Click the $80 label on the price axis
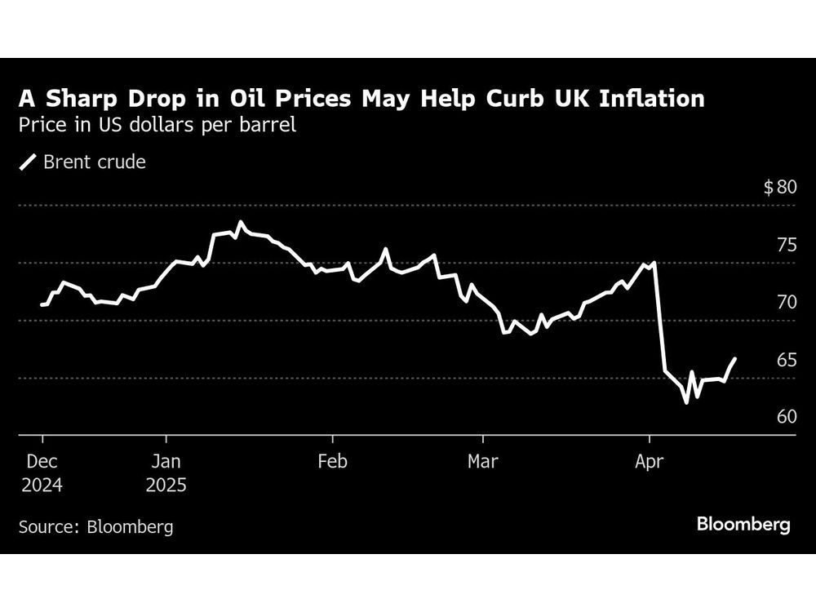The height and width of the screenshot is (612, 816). point(779,188)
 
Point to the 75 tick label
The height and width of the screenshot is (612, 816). point(785,246)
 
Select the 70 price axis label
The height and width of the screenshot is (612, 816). point(785,303)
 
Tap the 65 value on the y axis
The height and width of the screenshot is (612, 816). point(785,360)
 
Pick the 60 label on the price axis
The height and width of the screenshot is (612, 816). point(785,417)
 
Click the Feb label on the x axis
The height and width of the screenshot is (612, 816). point(332,462)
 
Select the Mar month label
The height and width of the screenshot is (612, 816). point(482,462)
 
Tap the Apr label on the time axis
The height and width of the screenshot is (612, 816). point(649,462)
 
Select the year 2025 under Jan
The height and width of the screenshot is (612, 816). point(166,486)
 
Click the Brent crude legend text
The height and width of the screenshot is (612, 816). point(94,162)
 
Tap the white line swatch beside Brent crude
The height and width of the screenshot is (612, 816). point(28,162)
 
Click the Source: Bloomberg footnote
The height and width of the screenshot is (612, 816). point(95,526)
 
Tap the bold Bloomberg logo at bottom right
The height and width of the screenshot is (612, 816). point(743,524)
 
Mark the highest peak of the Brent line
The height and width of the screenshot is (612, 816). point(240,222)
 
